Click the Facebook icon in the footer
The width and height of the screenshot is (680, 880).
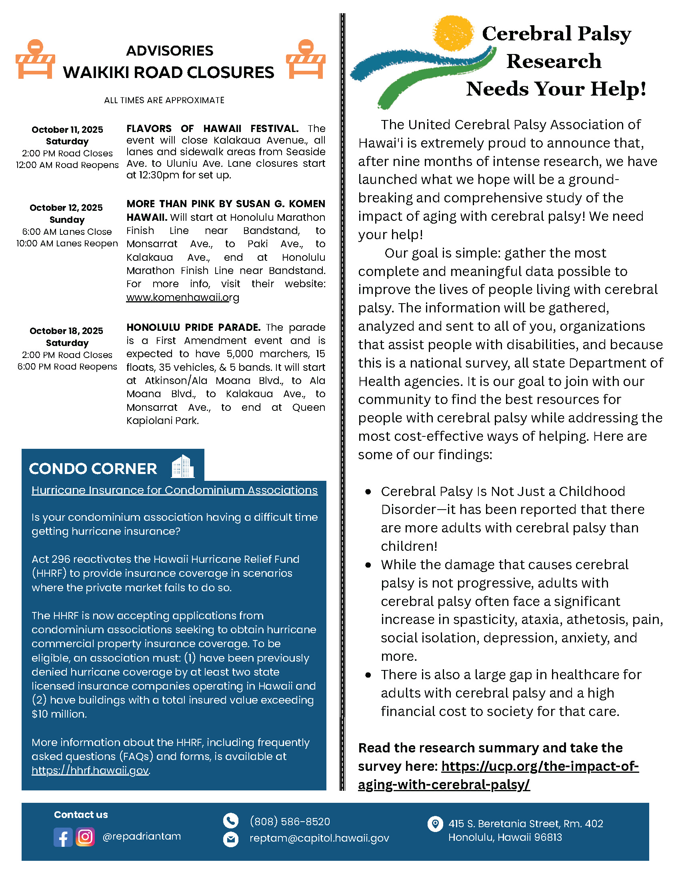click(63, 837)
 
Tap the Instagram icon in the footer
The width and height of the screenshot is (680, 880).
click(85, 836)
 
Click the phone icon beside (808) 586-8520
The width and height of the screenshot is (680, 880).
click(230, 821)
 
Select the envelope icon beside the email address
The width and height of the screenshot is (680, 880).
click(230, 839)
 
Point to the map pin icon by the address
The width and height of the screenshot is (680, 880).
click(435, 824)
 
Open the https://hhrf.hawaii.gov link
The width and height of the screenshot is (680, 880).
click(90, 770)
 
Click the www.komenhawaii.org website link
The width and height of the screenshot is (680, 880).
click(182, 297)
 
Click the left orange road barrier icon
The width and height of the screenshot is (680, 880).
click(36, 59)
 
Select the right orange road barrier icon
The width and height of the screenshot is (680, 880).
click(305, 59)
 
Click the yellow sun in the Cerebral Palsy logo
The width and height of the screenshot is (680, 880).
click(453, 33)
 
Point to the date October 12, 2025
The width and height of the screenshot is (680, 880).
click(66, 208)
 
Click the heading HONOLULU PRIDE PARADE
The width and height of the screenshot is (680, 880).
click(193, 327)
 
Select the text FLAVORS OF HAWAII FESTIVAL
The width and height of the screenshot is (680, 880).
click(212, 128)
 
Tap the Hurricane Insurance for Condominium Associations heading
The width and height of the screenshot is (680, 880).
click(174, 490)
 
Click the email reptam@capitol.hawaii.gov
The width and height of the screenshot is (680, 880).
click(319, 838)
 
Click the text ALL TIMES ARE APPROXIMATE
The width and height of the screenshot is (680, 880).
click(164, 100)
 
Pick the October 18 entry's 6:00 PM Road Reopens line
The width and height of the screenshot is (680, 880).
click(67, 367)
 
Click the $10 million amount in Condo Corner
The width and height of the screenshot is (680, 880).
click(59, 714)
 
